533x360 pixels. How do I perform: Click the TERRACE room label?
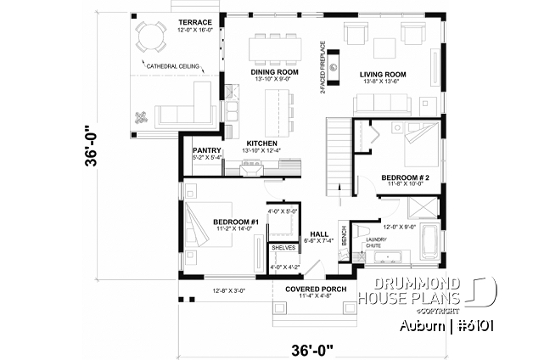[x=189, y=21]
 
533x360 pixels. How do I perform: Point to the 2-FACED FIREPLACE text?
[x=323, y=65]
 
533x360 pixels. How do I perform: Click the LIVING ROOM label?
[x=383, y=75]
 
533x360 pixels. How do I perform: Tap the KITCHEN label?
[x=261, y=143]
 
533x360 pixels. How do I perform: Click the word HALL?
[x=319, y=233]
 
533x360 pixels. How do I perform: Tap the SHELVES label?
[x=283, y=248]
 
